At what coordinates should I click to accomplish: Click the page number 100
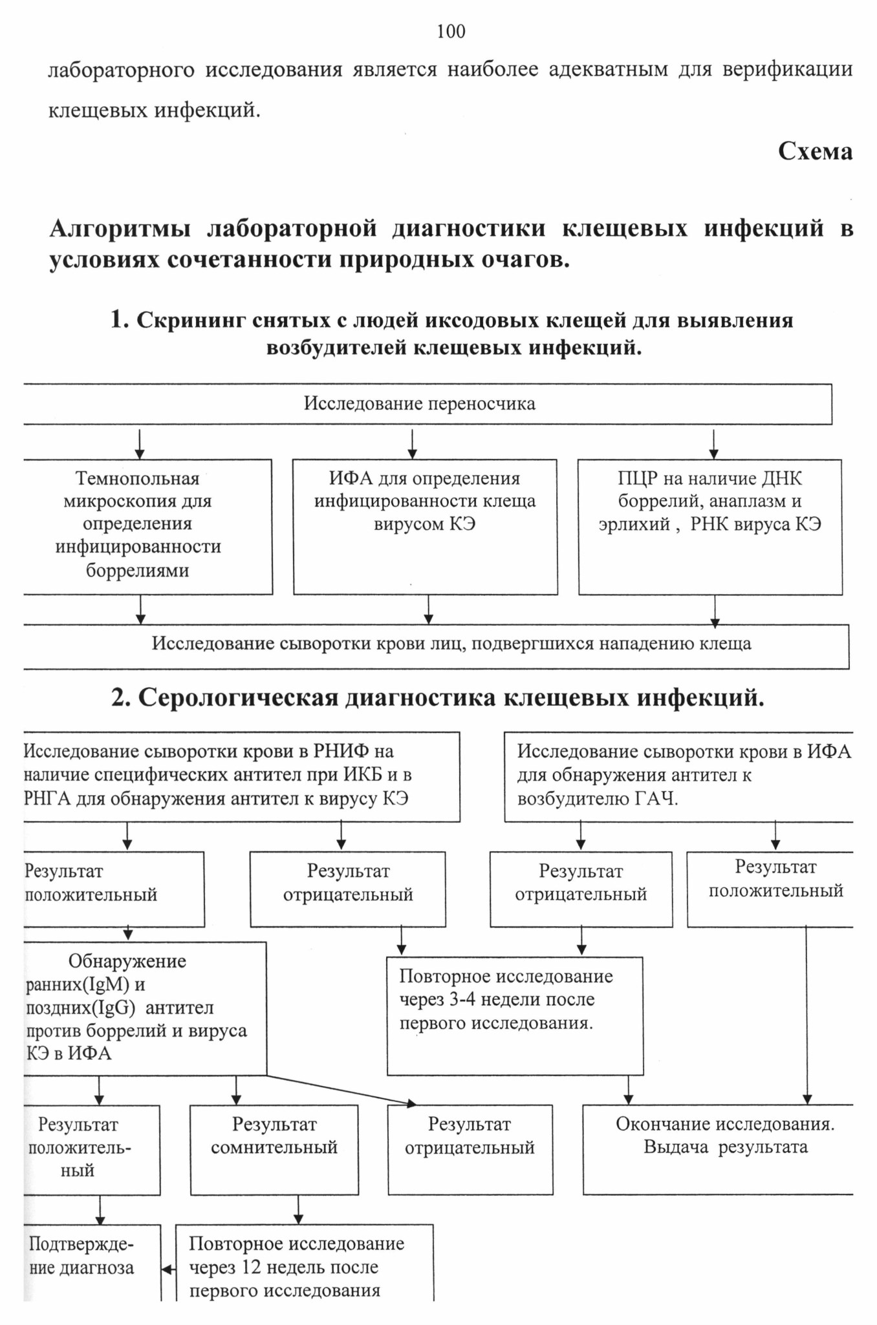451,31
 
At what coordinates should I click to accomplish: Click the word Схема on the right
815,151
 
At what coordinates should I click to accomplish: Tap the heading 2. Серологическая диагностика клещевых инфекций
438,698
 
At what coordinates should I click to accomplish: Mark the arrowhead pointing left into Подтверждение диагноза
168,1269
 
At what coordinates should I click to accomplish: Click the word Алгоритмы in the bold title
120,228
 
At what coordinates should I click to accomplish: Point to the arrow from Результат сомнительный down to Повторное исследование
298,1209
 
